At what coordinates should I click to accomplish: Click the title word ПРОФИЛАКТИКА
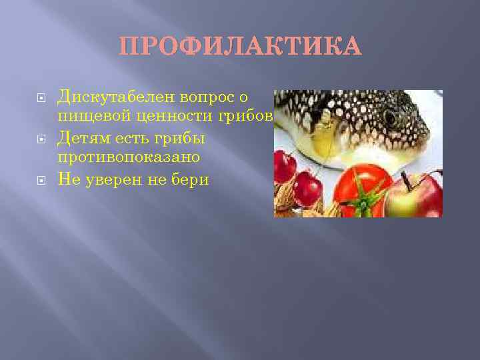coord(240,47)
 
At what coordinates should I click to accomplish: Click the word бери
coord(189,179)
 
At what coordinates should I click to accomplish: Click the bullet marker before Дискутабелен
coord(41,98)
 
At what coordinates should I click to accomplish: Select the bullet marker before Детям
coord(41,139)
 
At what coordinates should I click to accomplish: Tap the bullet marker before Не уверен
coord(41,180)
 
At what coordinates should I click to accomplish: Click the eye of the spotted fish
coord(391,118)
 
